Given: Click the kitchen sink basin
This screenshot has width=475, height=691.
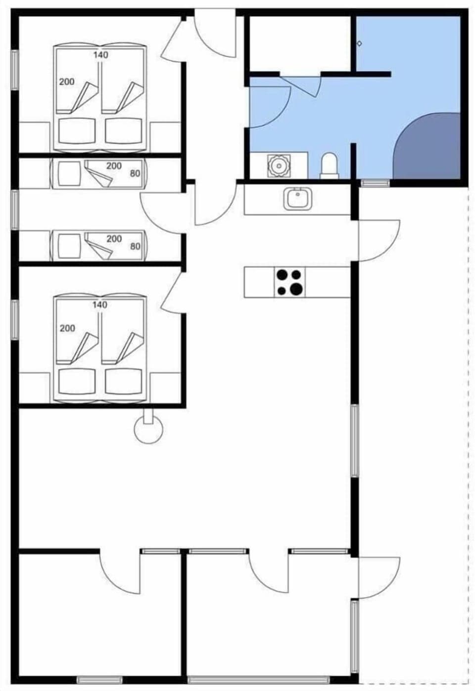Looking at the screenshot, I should pos(297,199).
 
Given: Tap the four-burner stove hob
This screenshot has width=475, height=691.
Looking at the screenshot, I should pos(289,282).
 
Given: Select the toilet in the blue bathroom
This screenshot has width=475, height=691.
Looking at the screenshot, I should pos(329,165).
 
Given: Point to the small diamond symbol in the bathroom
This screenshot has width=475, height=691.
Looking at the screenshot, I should pos(359,43).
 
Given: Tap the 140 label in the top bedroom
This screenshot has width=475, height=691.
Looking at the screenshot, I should pos(100,55).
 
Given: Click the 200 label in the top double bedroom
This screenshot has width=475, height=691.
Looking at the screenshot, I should pos(67,82).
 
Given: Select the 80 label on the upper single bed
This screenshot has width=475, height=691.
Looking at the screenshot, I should pos(135,173).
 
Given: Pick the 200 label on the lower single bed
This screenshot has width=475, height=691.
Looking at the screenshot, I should pos(114,239).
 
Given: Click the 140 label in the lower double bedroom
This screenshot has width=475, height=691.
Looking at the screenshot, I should pos(99,304).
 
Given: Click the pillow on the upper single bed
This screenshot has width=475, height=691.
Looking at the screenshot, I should pos(69,173).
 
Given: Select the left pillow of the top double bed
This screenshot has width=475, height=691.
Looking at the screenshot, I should pos(77,130).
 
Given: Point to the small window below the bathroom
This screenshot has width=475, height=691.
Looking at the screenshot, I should pos(375,183).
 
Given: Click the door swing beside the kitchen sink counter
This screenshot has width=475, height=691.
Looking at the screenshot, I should pos(379,240).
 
